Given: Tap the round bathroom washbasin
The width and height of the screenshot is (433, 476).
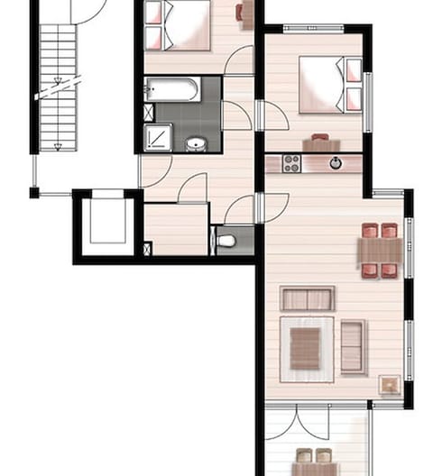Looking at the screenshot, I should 196,143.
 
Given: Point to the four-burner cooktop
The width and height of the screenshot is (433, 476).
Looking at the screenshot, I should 291,163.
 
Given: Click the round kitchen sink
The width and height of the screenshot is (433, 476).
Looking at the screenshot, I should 336,163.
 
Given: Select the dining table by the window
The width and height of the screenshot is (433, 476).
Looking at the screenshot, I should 380,249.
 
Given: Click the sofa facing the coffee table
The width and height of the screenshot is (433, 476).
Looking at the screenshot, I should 307,297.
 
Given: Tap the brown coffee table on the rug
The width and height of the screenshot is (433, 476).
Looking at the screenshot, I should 306,349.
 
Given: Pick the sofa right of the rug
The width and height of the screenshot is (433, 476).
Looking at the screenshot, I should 353,346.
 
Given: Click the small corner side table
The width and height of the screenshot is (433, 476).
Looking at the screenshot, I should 390,385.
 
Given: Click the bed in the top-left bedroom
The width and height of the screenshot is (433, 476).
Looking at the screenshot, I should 178,24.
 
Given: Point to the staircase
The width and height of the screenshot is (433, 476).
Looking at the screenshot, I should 57,86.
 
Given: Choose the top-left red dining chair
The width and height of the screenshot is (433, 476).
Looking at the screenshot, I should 369,230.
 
